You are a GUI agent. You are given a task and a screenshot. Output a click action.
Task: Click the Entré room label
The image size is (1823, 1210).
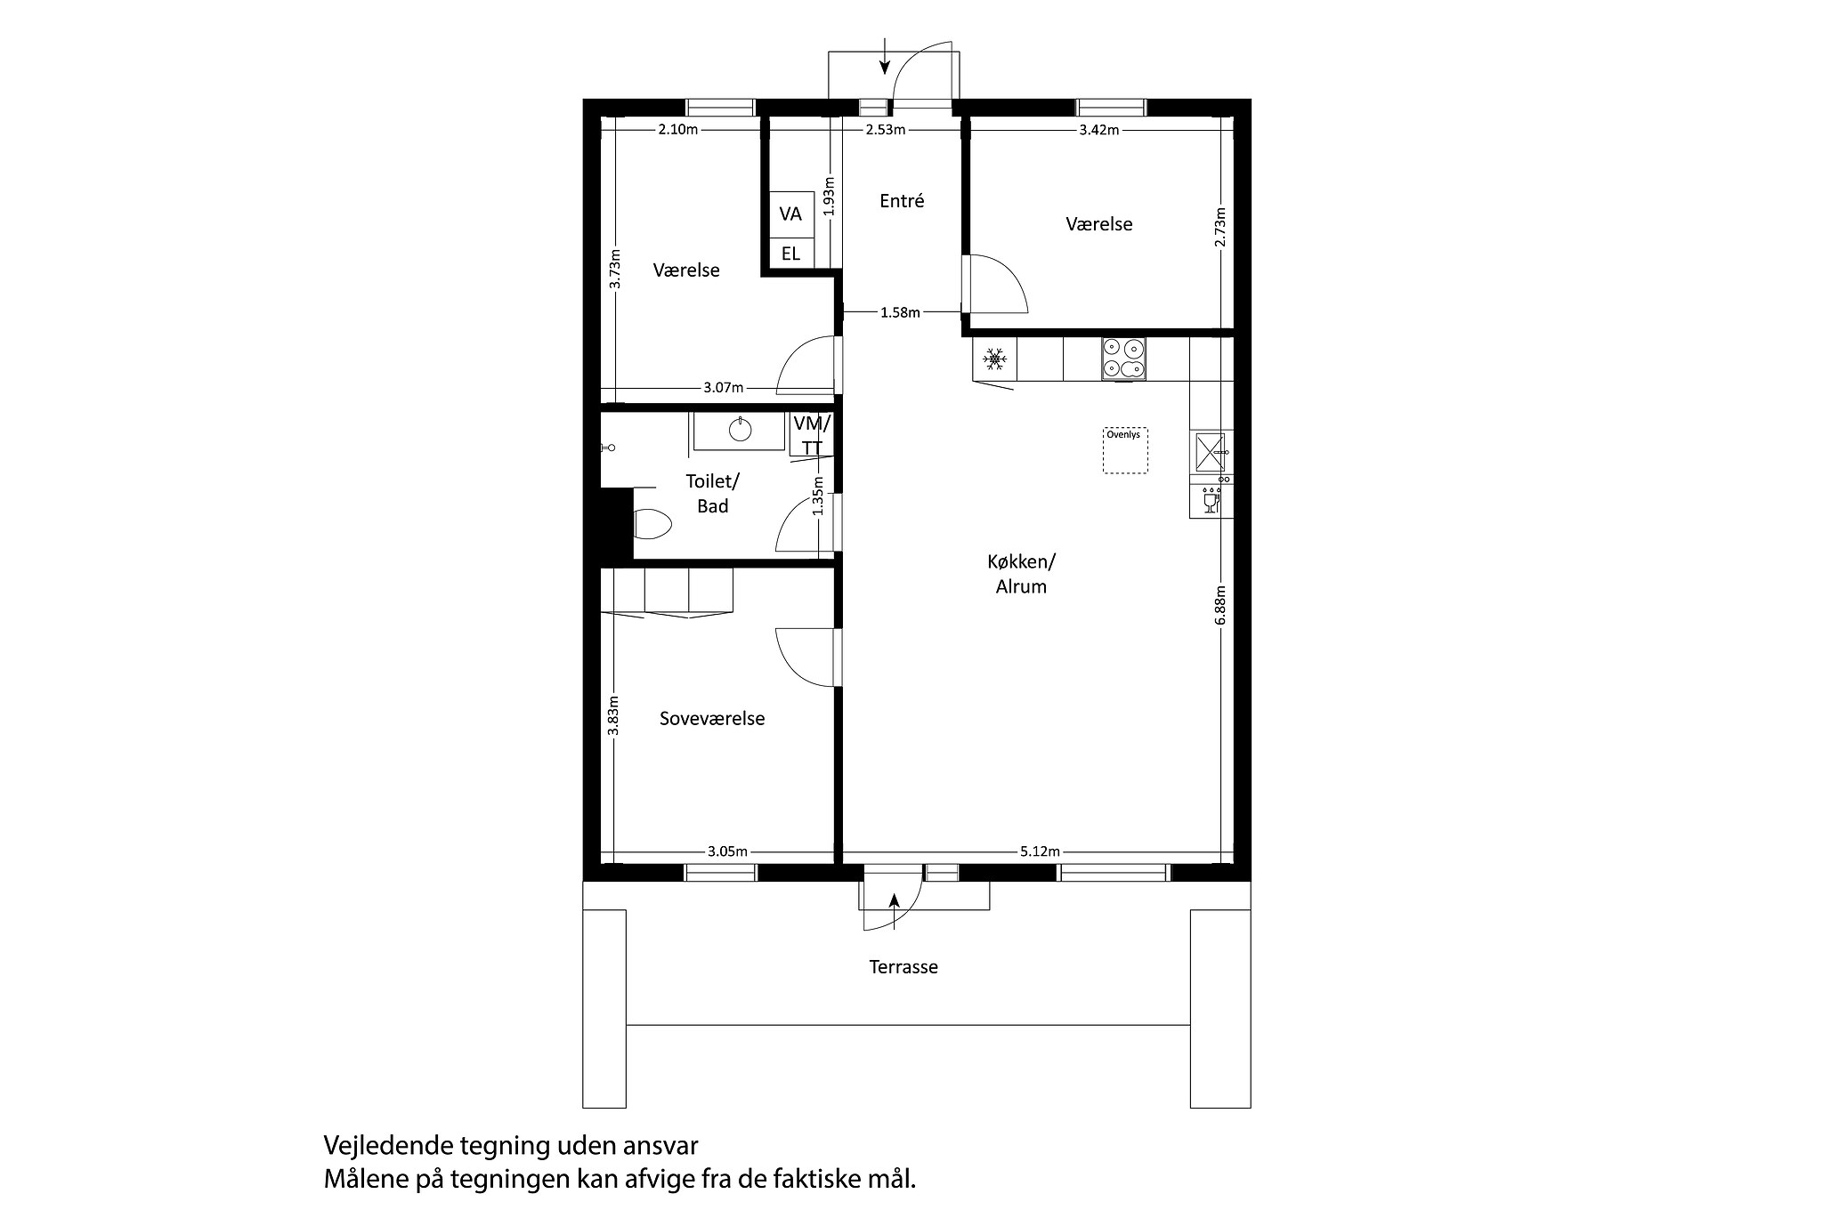[902, 201]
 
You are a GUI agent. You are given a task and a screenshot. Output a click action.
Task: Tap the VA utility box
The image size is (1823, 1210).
[790, 214]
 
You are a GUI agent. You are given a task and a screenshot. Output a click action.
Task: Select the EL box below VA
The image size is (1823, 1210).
[790, 254]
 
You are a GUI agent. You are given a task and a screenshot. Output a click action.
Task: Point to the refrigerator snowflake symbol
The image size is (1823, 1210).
[993, 359]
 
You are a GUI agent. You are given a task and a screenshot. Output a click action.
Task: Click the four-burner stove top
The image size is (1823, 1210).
[1122, 359]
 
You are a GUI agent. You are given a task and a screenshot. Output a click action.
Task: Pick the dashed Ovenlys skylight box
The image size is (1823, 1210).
[1125, 450]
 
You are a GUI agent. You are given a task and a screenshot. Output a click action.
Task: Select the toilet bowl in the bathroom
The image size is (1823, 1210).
[652, 524]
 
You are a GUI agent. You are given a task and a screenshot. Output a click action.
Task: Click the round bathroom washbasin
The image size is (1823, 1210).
[741, 431]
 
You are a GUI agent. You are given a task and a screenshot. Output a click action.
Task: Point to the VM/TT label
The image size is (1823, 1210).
[812, 435]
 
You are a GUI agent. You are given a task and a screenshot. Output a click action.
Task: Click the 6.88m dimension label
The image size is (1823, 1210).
[1220, 604]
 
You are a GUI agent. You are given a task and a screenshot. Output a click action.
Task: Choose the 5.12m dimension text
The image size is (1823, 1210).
[1039, 851]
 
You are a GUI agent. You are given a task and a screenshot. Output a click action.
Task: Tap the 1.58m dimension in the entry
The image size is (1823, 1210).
[899, 312]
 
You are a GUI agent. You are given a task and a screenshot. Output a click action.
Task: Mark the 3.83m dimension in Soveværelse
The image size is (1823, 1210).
[613, 715]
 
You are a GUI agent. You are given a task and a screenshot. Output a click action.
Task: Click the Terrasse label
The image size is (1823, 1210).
[903, 967]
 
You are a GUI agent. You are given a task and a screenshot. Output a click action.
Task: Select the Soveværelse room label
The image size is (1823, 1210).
[712, 719]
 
